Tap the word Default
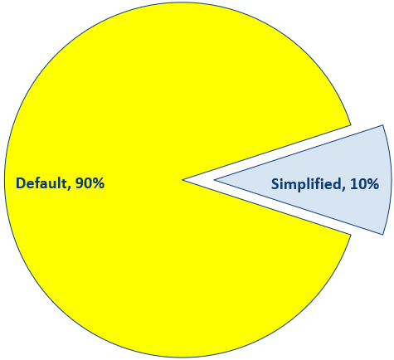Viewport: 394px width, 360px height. tap(41, 183)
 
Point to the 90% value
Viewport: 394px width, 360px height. tap(90, 183)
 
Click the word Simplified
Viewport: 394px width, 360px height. tap(306, 184)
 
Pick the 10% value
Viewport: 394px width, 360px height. tap(364, 184)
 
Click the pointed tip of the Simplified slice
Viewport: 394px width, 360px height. tap(215, 180)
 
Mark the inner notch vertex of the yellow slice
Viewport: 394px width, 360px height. tap(182, 180)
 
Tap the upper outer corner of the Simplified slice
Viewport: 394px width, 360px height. tap(383, 125)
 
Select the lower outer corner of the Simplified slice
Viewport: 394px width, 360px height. tap(383, 235)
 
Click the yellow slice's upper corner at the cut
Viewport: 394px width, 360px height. tap(351, 125)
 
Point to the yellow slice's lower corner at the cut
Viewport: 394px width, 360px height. tap(351, 235)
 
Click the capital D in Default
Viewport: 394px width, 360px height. tap(20, 183)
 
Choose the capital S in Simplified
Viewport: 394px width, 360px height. tap(275, 184)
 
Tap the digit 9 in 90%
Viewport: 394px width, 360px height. tap(79, 183)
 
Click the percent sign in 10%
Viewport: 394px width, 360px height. tap(373, 184)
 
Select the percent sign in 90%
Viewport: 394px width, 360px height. tap(98, 183)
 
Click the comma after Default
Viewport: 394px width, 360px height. tap(69, 188)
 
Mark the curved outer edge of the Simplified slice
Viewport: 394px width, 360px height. tap(392, 180)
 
